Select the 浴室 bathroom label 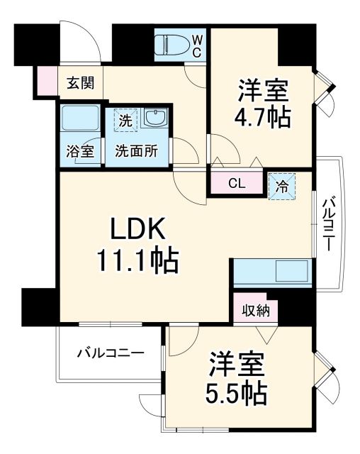tap(79, 150)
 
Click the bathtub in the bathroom tap(79, 118)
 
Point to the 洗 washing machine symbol tap(124, 120)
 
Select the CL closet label tap(237, 184)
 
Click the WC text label tap(196, 45)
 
